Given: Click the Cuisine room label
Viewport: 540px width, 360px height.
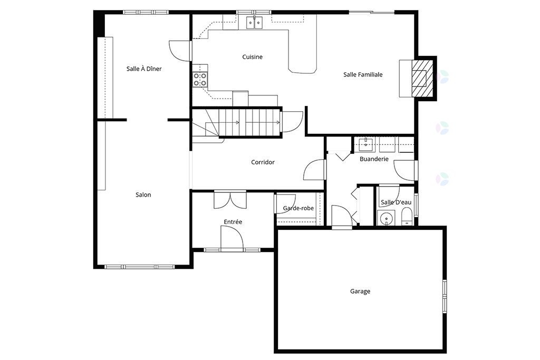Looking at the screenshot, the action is pos(252,57).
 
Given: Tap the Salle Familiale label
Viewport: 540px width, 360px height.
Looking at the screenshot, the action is pos(363,75).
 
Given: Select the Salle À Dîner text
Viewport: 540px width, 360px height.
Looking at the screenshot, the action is pos(144,69).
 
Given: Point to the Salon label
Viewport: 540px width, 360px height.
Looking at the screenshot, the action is pos(143,195).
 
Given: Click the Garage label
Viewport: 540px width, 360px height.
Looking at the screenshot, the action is pos(360,291).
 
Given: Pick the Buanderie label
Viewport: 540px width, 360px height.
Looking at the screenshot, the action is pos(374,159).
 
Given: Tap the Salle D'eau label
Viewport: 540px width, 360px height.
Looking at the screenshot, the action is pos(396,202).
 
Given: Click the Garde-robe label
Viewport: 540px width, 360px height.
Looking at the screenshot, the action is pos(298,209).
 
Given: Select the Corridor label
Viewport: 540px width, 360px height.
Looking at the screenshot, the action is pos(263,162).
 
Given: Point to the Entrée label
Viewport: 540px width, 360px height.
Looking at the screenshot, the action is pos(233,222).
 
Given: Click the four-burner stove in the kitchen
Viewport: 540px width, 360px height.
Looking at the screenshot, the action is pos(200,80).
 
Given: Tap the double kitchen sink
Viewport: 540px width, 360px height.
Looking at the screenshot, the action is pos(255,22).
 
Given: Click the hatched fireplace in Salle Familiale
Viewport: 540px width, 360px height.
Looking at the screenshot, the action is pos(420,77).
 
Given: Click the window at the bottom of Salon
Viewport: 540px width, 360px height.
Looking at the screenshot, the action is pos(140,267).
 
